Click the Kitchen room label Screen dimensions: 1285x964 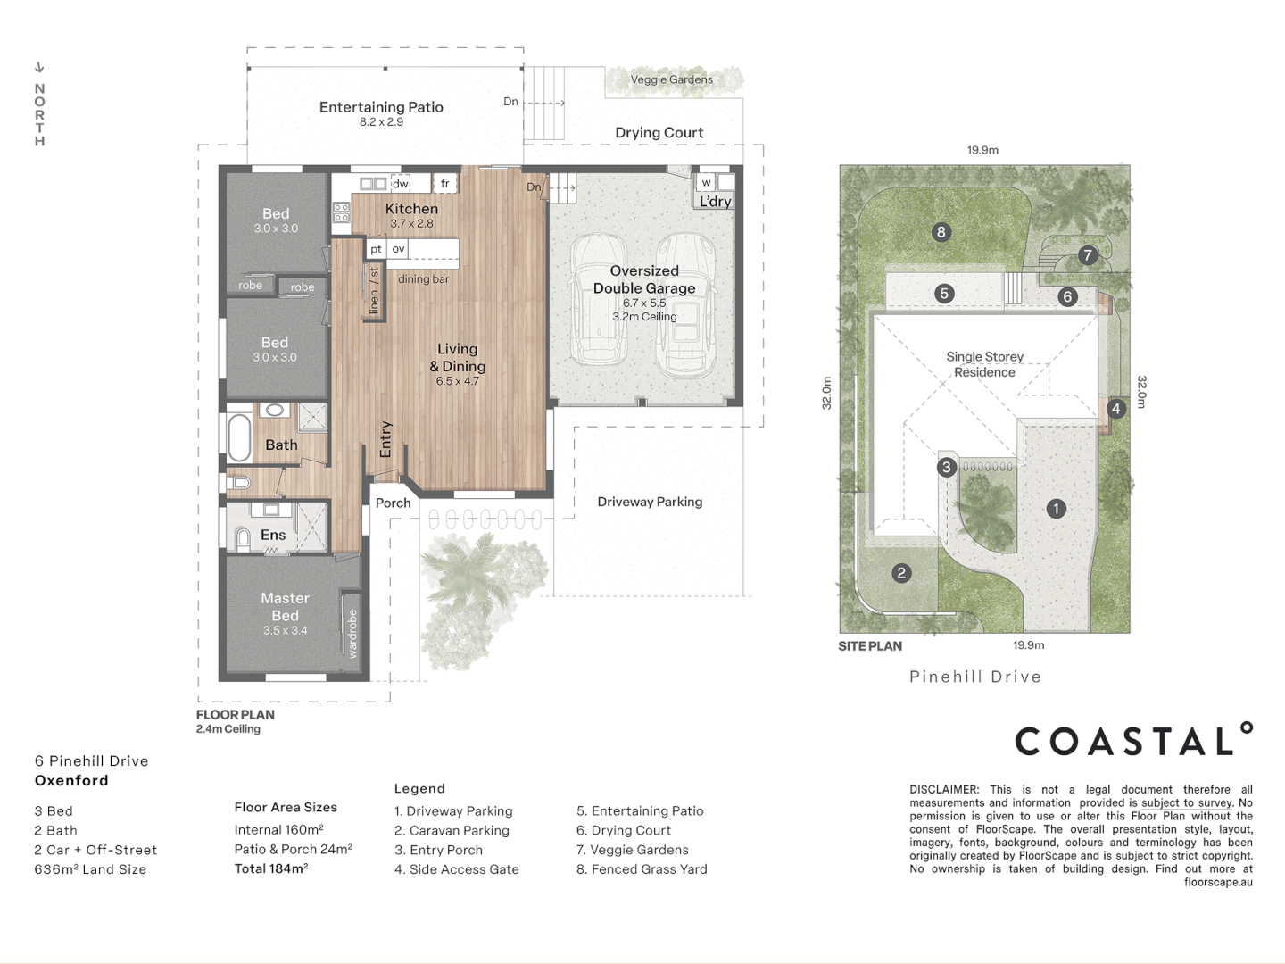[411, 208]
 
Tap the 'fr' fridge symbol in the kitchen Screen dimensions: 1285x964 [445, 183]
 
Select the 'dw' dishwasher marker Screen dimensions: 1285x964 [401, 184]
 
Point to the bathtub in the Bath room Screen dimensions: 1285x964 [239, 437]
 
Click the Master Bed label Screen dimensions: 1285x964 [285, 606]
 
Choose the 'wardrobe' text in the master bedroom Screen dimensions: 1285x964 [352, 634]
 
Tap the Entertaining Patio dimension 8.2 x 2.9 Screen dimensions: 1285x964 [381, 121]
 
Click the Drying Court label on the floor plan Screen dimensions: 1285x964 [659, 132]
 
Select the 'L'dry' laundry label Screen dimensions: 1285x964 [716, 202]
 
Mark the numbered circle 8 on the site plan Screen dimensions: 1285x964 [941, 232]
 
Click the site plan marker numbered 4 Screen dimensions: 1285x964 [1115, 409]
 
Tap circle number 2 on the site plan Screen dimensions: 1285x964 [901, 573]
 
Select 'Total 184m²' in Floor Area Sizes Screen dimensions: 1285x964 [271, 868]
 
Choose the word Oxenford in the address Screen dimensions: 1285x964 [71, 780]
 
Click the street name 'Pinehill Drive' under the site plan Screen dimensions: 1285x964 [975, 677]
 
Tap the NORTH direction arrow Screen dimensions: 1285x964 [39, 67]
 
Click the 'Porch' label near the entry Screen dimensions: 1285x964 [393, 503]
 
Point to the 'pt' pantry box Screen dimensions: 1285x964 [376, 249]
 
